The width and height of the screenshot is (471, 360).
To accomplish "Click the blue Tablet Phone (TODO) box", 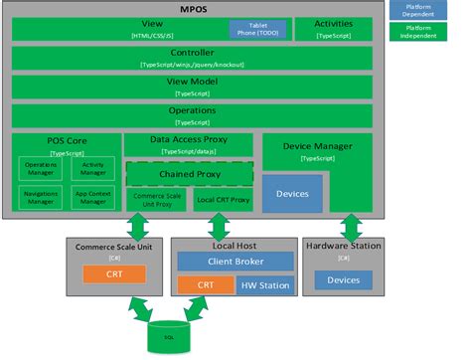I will [257, 28].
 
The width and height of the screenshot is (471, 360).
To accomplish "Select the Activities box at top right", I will [332, 27].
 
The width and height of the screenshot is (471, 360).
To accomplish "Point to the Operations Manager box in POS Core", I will [40, 169].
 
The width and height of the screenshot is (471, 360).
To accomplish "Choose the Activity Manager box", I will [93, 169].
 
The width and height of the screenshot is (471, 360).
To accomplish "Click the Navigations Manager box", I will [40, 197].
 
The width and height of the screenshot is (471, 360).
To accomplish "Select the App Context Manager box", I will [93, 197].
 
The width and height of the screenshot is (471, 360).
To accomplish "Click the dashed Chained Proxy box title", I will [189, 174].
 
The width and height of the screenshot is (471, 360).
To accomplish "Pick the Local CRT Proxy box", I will [224, 200].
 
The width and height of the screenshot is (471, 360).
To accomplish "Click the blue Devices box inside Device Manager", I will [292, 192].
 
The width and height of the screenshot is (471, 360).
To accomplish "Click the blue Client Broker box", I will [235, 262].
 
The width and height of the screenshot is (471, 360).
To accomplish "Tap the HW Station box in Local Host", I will [266, 286].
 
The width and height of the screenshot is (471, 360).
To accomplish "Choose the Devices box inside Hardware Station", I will [343, 279].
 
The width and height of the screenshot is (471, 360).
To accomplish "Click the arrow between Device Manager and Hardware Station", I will [343, 225].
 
